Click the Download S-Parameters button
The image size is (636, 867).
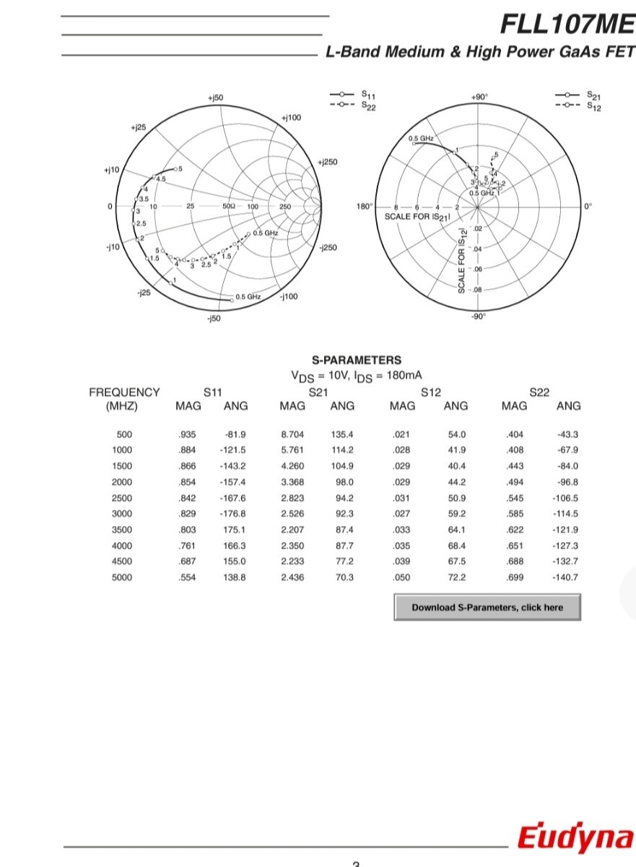487,608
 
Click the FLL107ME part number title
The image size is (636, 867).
567,25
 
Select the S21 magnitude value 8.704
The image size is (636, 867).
292,434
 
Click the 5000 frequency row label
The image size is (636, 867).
122,577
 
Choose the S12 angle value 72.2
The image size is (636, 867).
457,577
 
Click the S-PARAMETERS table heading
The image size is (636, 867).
357,360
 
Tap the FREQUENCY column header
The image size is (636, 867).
124,392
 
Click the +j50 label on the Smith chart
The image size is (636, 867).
215,98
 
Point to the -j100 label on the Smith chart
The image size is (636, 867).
289,296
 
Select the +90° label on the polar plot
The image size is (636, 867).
479,97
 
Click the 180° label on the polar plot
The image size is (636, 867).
365,207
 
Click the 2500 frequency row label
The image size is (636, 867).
122,498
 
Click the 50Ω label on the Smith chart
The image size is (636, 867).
229,207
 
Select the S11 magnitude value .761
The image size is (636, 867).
187,545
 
